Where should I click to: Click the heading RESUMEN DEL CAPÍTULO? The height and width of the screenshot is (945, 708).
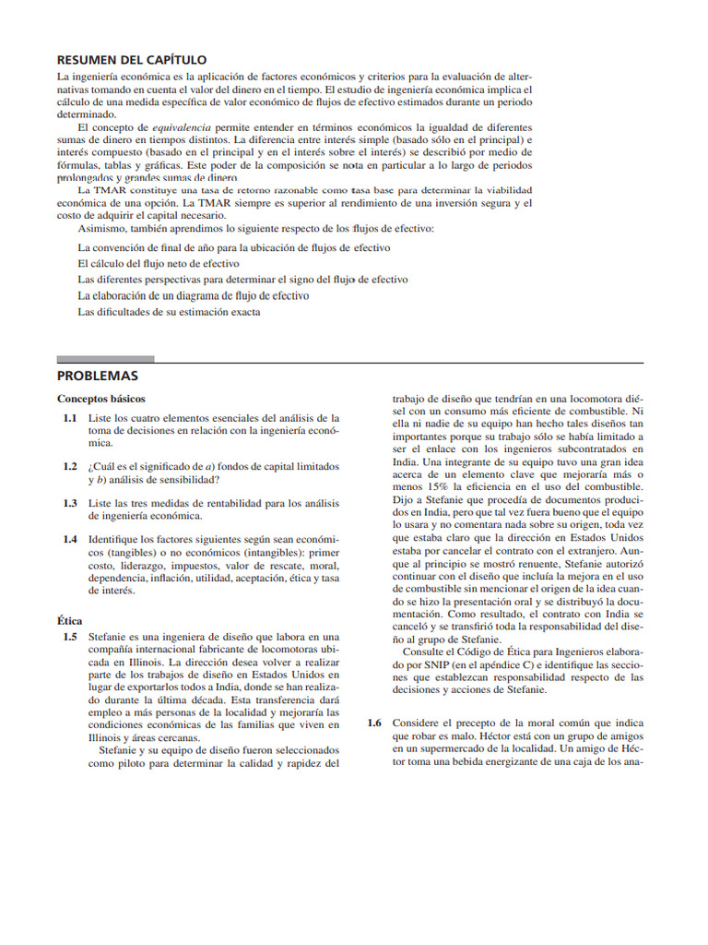tap(132, 59)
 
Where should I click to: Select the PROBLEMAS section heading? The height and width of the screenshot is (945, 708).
tap(98, 376)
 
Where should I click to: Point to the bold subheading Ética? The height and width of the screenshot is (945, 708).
tap(70, 621)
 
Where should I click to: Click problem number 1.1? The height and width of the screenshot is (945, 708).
tap(69, 418)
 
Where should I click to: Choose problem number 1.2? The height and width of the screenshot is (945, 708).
tap(69, 466)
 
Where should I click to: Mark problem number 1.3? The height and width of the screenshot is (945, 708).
tap(69, 503)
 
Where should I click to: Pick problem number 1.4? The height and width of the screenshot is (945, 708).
tap(69, 539)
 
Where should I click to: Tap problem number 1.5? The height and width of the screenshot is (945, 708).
tap(69, 636)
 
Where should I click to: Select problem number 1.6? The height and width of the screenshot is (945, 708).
tap(374, 723)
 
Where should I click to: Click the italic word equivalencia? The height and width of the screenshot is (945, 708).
tap(182, 126)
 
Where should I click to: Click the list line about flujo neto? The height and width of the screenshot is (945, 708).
tap(159, 263)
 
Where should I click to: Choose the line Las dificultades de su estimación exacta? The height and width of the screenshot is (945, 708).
tap(169, 312)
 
